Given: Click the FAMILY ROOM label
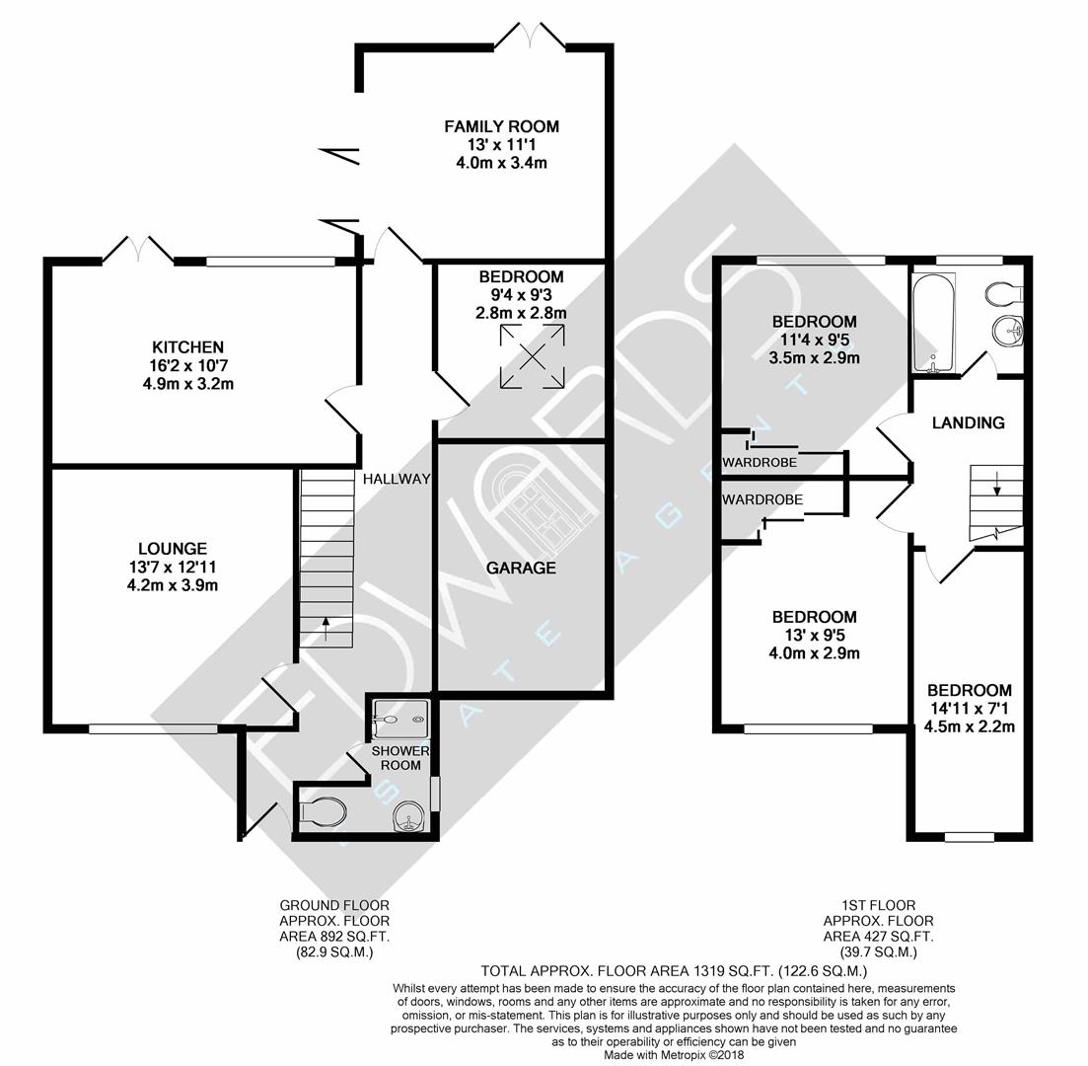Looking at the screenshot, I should point(501,126).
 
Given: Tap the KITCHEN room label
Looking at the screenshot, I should point(187,347).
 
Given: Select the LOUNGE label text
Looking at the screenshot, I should point(173,548).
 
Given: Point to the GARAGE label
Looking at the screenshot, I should point(521,568).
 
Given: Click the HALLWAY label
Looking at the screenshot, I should point(397,480).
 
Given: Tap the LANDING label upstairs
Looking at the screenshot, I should point(969,422).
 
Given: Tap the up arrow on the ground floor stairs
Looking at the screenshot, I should point(326,624).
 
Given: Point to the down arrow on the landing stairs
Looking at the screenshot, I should point(996,484).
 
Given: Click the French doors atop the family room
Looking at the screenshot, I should point(530,36).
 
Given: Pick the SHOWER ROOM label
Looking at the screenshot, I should point(399,758).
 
